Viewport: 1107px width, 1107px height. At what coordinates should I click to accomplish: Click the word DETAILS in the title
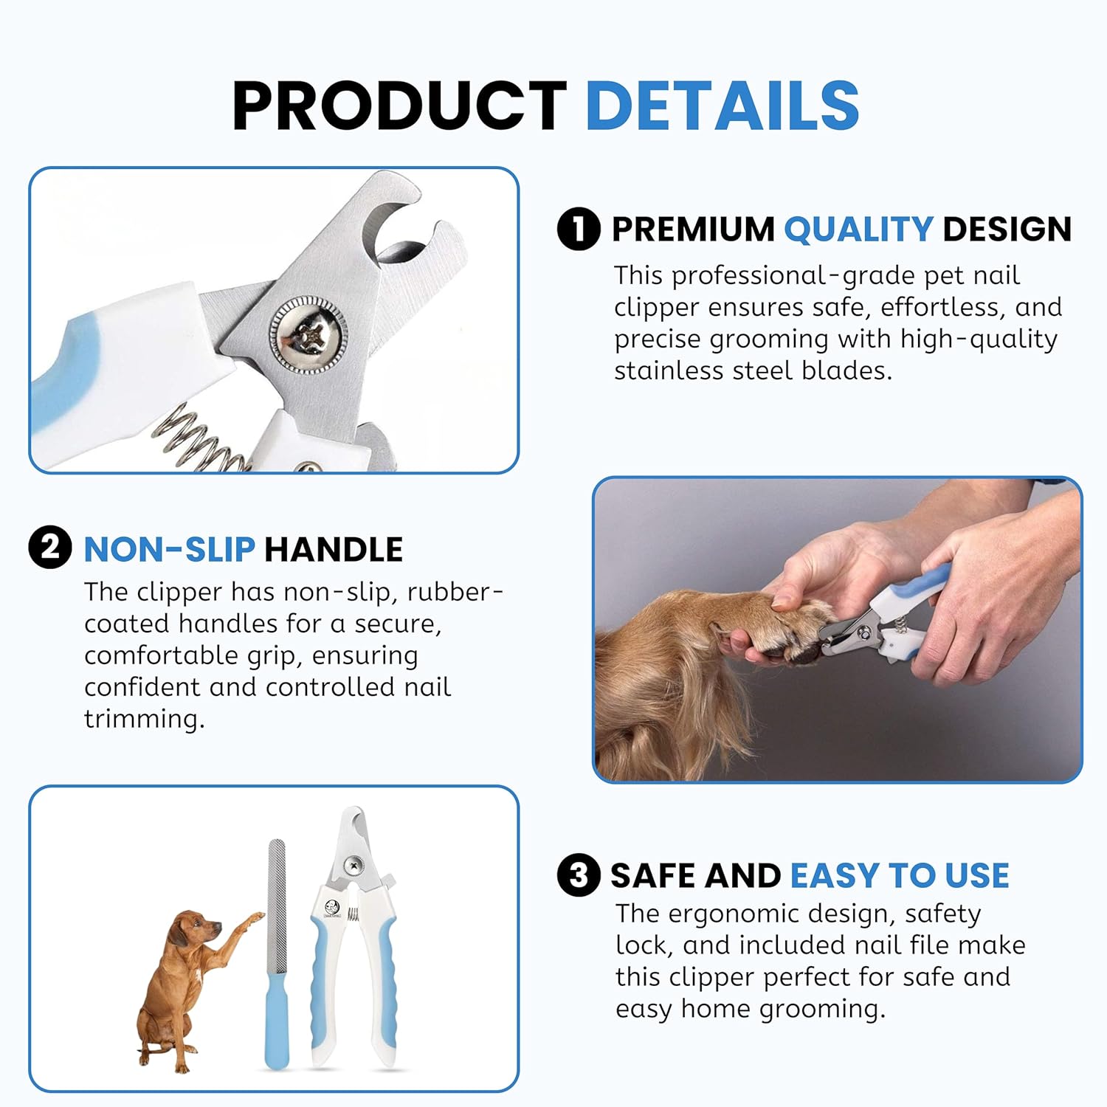tap(723, 106)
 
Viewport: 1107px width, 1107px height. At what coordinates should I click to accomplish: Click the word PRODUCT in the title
tap(399, 106)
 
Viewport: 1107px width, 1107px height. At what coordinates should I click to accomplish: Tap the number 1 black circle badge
tap(579, 229)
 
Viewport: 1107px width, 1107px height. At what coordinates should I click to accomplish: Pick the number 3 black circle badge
tap(579, 875)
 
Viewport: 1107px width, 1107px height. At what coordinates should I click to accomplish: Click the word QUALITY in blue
tap(858, 230)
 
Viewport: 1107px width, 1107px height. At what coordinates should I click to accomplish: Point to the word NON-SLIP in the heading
tap(170, 550)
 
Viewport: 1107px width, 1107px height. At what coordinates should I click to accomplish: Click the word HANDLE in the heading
tap(334, 550)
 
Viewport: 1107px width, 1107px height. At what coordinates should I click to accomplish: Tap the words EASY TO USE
tap(900, 876)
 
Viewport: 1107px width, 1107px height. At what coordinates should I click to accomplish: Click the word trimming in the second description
tap(144, 719)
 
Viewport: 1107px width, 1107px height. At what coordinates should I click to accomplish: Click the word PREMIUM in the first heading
tap(693, 230)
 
